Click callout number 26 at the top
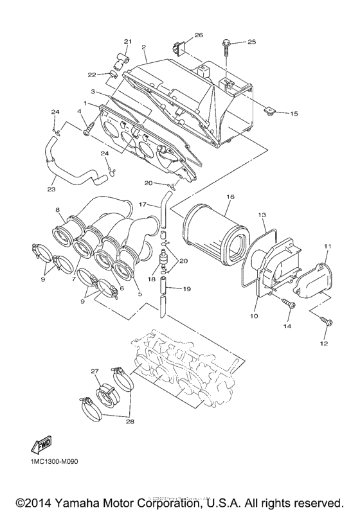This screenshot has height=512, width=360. [198, 35]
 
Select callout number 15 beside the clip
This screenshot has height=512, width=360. [293, 114]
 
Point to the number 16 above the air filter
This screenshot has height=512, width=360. [230, 197]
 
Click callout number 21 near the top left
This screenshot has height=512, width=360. [127, 42]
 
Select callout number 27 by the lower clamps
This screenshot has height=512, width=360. [94, 371]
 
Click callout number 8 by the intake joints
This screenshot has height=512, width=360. [57, 209]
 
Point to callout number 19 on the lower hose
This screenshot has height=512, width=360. [186, 289]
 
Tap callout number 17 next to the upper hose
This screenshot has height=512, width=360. [144, 204]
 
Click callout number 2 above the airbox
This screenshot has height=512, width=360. [143, 48]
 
